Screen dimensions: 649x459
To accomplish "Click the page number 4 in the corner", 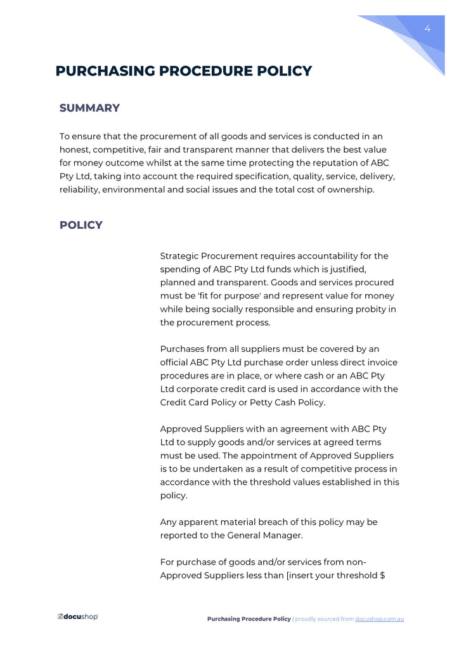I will (427, 29).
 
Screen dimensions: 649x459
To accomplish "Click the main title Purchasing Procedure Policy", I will (184, 71).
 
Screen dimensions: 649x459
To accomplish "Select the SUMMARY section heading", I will (89, 108).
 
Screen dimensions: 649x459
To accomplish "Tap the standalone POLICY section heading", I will (81, 225).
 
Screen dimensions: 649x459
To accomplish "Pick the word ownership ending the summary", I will (352, 190).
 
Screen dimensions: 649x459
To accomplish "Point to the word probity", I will (372, 309).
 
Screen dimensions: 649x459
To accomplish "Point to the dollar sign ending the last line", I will (383, 575).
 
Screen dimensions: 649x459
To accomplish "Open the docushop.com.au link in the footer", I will (379, 619).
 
